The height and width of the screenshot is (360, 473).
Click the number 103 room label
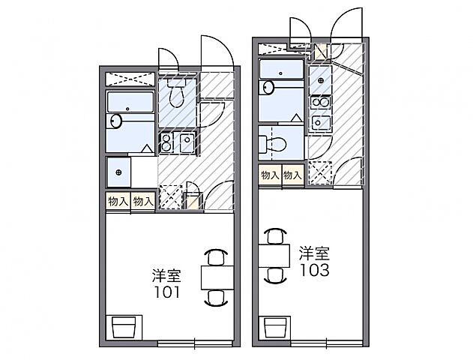click(x=314, y=270)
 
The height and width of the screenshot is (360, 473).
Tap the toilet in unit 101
click(x=177, y=95)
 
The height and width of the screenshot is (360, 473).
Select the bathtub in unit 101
click(x=130, y=102)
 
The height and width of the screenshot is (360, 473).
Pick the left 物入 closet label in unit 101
click(x=118, y=201)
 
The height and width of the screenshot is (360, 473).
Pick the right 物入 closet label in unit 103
click(x=292, y=175)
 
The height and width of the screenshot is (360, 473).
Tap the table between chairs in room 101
click(x=215, y=277)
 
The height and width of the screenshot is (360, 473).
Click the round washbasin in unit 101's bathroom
click(x=116, y=121)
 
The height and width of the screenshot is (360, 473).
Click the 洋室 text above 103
click(x=314, y=251)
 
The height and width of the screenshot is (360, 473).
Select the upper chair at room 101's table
click(x=216, y=256)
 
